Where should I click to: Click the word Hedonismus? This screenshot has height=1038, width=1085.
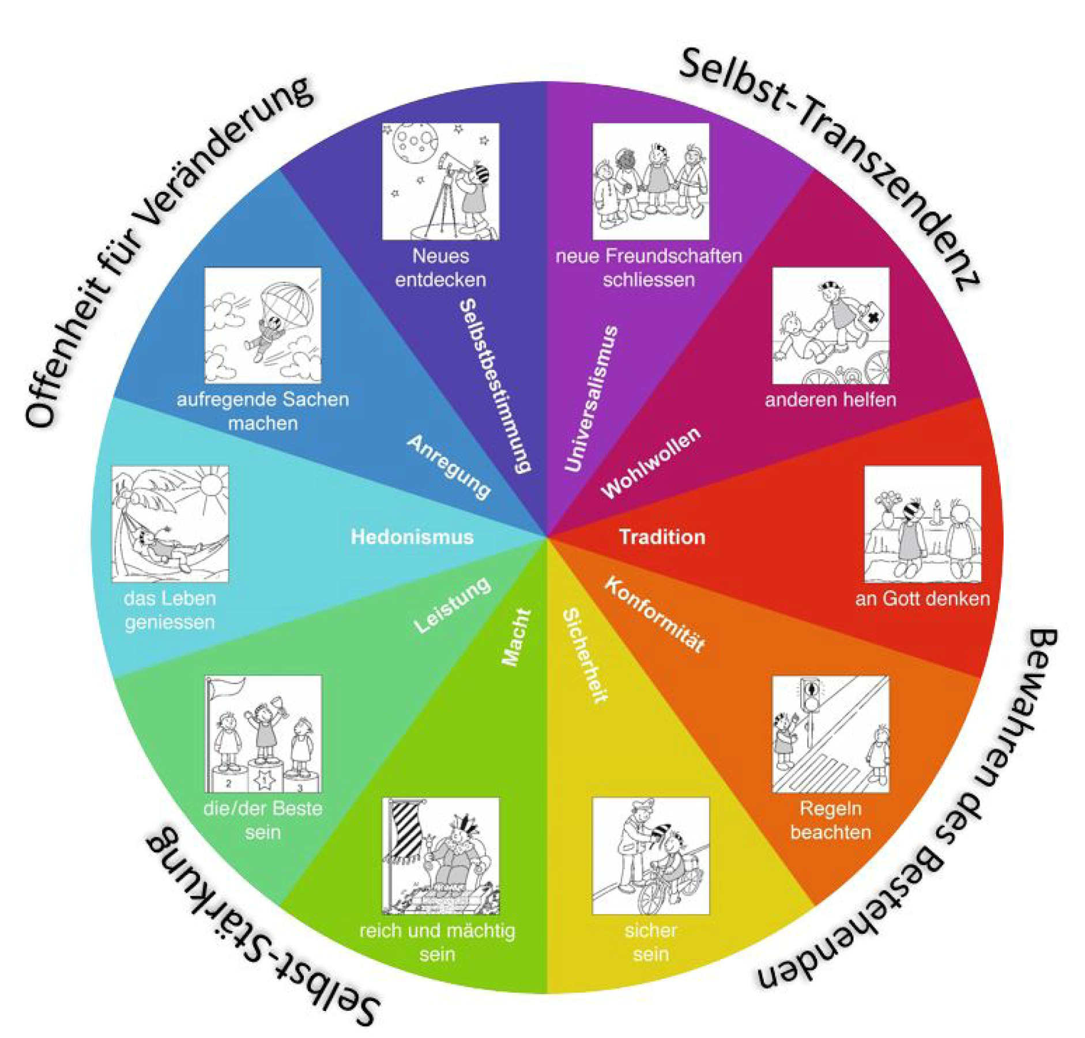[412, 537]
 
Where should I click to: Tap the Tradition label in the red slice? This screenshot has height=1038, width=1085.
[662, 537]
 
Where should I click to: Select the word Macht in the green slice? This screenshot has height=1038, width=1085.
[515, 637]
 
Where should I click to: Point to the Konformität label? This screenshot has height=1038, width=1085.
[654, 615]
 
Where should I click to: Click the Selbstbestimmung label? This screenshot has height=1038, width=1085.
[495, 386]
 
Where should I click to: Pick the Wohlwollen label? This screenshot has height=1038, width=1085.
[650, 462]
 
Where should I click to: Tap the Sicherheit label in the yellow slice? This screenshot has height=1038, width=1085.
[585, 655]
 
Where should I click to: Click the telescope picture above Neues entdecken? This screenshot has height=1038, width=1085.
[440, 181]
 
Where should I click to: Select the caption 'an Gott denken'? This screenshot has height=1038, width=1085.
[922, 599]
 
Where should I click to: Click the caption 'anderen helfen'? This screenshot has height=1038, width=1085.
[830, 399]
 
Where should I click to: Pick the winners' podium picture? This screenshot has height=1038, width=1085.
[263, 734]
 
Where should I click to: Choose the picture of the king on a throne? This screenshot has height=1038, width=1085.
[440, 855]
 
